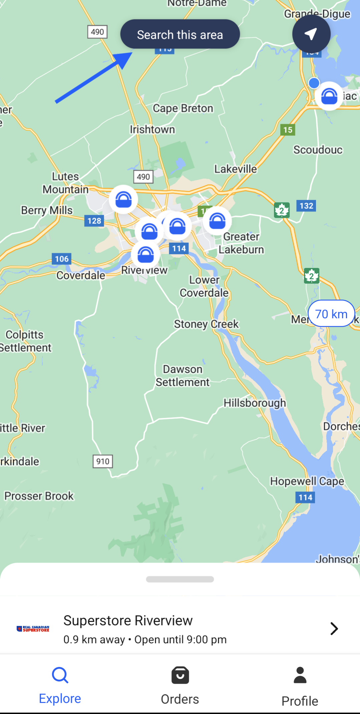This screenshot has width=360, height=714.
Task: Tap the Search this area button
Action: click(180, 34)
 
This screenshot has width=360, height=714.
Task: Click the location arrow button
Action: click(311, 34)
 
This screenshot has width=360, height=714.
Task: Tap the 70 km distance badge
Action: click(331, 314)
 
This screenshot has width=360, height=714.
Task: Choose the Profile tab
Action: click(300, 686)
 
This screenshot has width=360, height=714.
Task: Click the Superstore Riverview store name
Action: click(128, 621)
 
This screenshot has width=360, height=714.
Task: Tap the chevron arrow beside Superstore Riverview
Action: click(334, 629)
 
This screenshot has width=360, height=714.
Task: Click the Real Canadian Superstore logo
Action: click(33, 629)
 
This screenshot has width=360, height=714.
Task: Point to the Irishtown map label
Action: click(152, 129)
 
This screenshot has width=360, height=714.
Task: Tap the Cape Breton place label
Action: click(183, 108)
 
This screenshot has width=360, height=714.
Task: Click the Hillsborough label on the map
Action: click(255, 403)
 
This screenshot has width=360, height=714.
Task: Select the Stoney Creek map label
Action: click(206, 324)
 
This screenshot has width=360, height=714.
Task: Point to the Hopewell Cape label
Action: click(307, 481)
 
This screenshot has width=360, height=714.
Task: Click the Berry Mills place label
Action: click(47, 210)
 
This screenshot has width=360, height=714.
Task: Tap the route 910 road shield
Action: click(103, 461)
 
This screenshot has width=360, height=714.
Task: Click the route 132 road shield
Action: click(306, 206)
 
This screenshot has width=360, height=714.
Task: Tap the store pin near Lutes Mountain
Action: click(123, 200)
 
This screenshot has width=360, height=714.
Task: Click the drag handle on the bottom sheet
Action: click(180, 579)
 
